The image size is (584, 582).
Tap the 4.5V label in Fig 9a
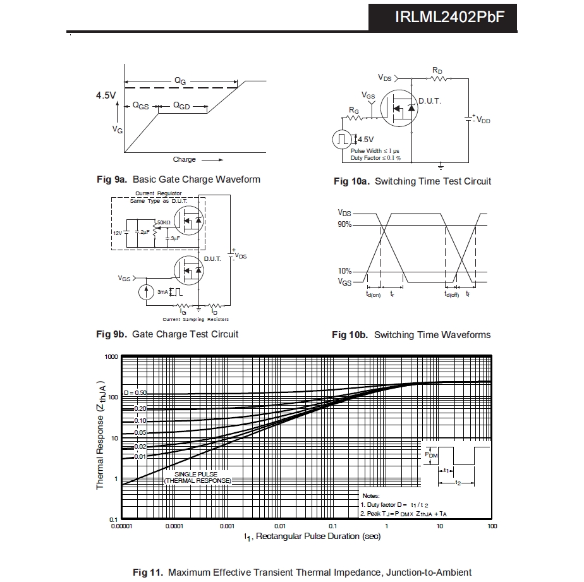click(x=106, y=95)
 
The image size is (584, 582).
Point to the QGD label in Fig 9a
click(x=181, y=106)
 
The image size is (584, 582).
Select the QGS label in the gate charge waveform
click(x=140, y=106)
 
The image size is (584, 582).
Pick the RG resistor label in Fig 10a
click(x=354, y=110)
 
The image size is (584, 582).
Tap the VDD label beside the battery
click(x=483, y=120)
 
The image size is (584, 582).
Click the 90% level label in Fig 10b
click(x=344, y=224)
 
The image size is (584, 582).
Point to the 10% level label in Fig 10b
click(x=344, y=272)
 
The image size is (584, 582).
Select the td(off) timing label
click(x=451, y=294)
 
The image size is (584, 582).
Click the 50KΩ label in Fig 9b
click(x=164, y=222)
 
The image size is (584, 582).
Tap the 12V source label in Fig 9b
click(x=118, y=233)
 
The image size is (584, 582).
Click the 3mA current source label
click(x=163, y=292)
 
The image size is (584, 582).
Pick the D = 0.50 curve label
click(x=135, y=393)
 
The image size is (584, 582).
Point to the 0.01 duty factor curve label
click(x=140, y=456)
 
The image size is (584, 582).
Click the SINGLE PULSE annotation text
click(x=197, y=473)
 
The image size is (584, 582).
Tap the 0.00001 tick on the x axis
click(x=121, y=526)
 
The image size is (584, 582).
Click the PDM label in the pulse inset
click(x=430, y=454)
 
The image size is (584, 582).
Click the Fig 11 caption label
click(x=149, y=573)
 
